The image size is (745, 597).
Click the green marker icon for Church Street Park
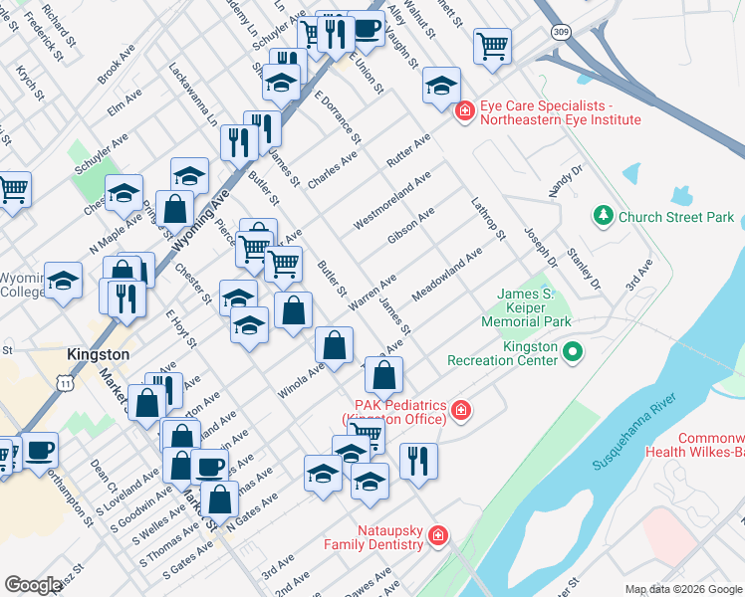click(603, 216)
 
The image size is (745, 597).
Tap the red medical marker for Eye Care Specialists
click(464, 112)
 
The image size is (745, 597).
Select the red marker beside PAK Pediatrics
click(460, 409)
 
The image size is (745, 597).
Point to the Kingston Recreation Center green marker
click(573, 351)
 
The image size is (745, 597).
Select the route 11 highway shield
click(65, 383)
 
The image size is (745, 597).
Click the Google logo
click(33, 585)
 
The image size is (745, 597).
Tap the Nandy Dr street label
click(564, 184)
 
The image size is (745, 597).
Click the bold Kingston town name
click(98, 354)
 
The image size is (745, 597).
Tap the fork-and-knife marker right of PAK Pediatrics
click(418, 461)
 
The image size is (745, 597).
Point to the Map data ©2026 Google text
click(682, 589)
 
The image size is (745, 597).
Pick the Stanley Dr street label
click(584, 271)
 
